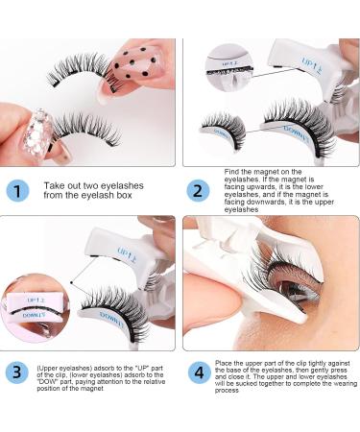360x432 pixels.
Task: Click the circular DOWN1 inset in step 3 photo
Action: point(33,308)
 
